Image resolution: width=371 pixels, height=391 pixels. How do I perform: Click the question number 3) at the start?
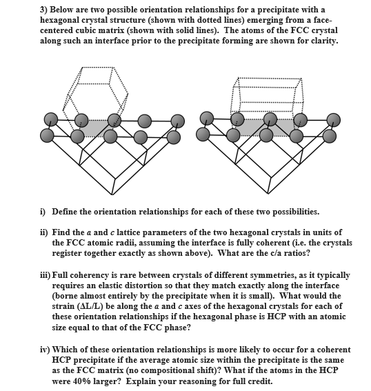click(44, 10)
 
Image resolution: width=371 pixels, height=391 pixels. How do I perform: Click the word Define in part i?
click(64, 212)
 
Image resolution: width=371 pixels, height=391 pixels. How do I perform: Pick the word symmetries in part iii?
click(273, 276)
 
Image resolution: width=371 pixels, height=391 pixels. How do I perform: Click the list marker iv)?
click(45, 350)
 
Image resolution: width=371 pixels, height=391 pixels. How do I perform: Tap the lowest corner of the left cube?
click(112, 194)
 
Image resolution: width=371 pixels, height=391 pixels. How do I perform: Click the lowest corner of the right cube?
click(268, 194)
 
